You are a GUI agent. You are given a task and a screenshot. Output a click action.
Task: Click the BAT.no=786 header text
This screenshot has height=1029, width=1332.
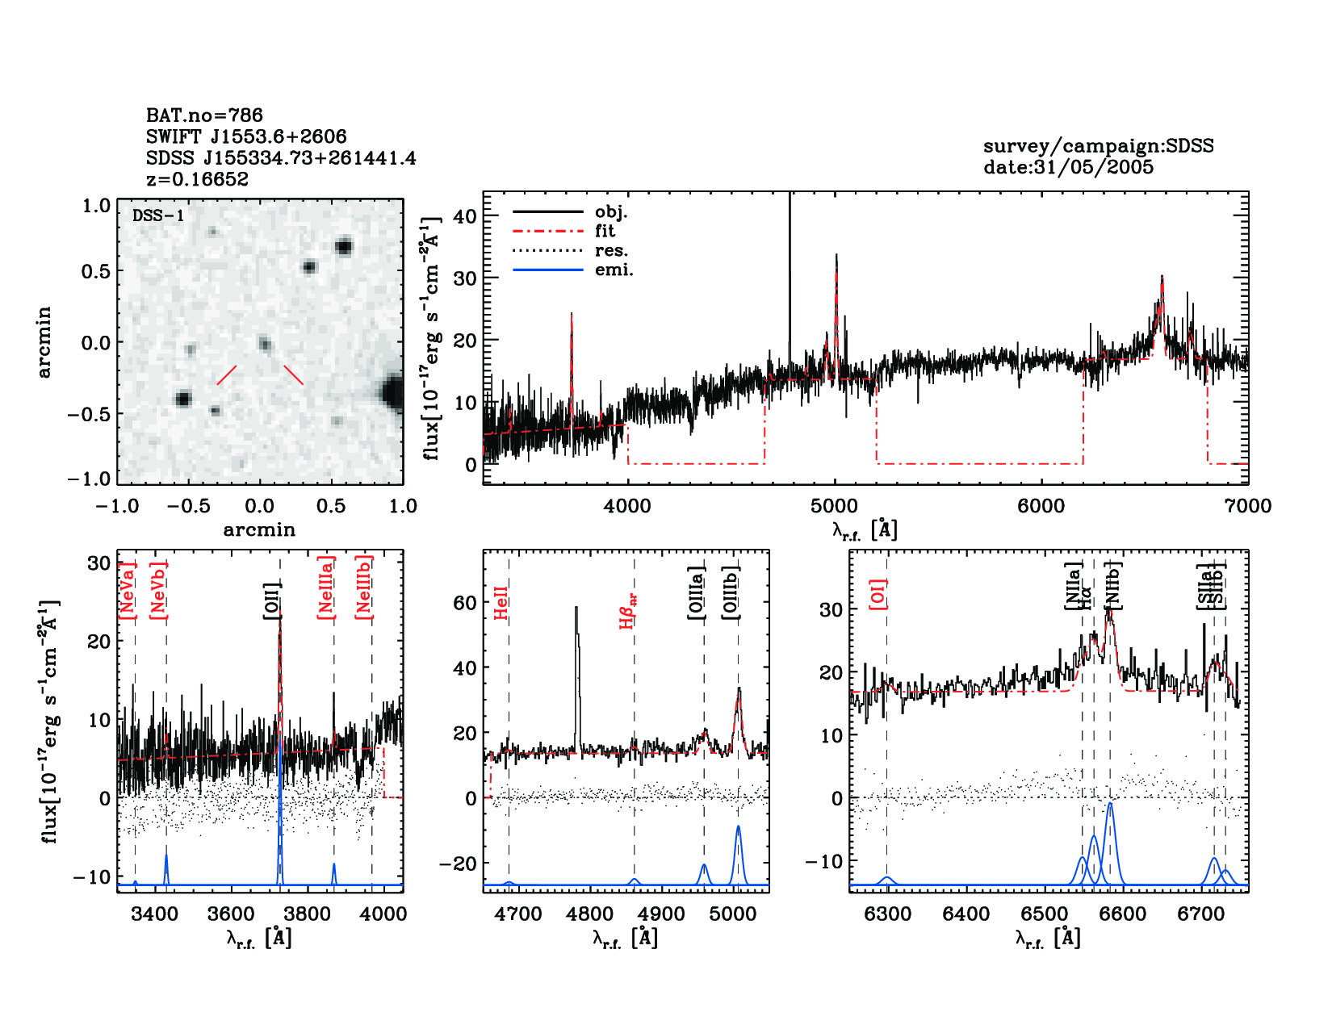204,115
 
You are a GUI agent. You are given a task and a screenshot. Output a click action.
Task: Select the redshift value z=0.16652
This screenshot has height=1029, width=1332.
197,179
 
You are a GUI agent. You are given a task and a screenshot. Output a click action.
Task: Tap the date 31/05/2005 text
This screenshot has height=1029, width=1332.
1068,167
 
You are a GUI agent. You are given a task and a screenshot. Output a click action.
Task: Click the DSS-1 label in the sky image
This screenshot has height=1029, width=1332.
158,215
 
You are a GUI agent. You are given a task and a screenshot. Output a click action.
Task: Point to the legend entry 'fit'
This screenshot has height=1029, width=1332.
605,231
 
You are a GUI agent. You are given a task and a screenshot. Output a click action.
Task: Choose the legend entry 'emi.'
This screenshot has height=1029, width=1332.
614,270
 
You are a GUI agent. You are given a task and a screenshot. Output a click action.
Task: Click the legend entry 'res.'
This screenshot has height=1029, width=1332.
611,250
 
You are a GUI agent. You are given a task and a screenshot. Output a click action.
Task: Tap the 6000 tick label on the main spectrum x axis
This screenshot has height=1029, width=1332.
1041,506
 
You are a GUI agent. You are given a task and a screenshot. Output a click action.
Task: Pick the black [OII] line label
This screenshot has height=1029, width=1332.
271,600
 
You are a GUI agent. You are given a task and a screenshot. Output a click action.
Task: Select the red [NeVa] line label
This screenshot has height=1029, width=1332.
127,590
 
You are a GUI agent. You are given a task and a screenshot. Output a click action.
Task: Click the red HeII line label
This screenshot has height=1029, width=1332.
501,603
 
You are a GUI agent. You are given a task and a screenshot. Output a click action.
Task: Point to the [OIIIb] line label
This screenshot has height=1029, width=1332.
731,593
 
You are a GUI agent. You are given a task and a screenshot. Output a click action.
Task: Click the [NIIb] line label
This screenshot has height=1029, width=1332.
1113,584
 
